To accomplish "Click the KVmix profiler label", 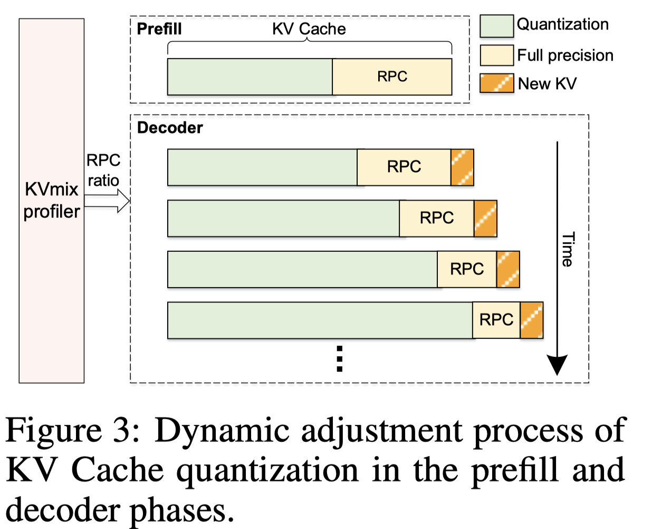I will (x=52, y=200).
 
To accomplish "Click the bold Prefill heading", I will (x=159, y=29).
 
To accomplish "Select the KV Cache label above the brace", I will (x=309, y=29).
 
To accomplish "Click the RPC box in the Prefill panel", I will (x=392, y=77).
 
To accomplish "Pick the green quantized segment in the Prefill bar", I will (x=250, y=77).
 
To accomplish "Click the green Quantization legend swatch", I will (x=496, y=26).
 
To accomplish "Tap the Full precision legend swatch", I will (x=496, y=55).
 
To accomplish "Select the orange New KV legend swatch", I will (x=496, y=83).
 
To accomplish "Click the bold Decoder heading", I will (x=170, y=128).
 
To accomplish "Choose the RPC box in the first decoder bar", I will (x=404, y=167).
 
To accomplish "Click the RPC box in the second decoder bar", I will (x=437, y=218).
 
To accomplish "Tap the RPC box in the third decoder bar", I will (x=467, y=269).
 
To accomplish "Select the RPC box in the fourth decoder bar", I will (x=496, y=320).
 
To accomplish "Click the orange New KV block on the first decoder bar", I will (x=463, y=167).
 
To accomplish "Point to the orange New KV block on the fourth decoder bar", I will (x=532, y=320).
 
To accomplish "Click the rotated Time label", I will (x=568, y=249).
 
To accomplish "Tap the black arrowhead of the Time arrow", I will (x=557, y=364).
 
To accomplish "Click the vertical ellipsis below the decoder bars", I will (x=340, y=359).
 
